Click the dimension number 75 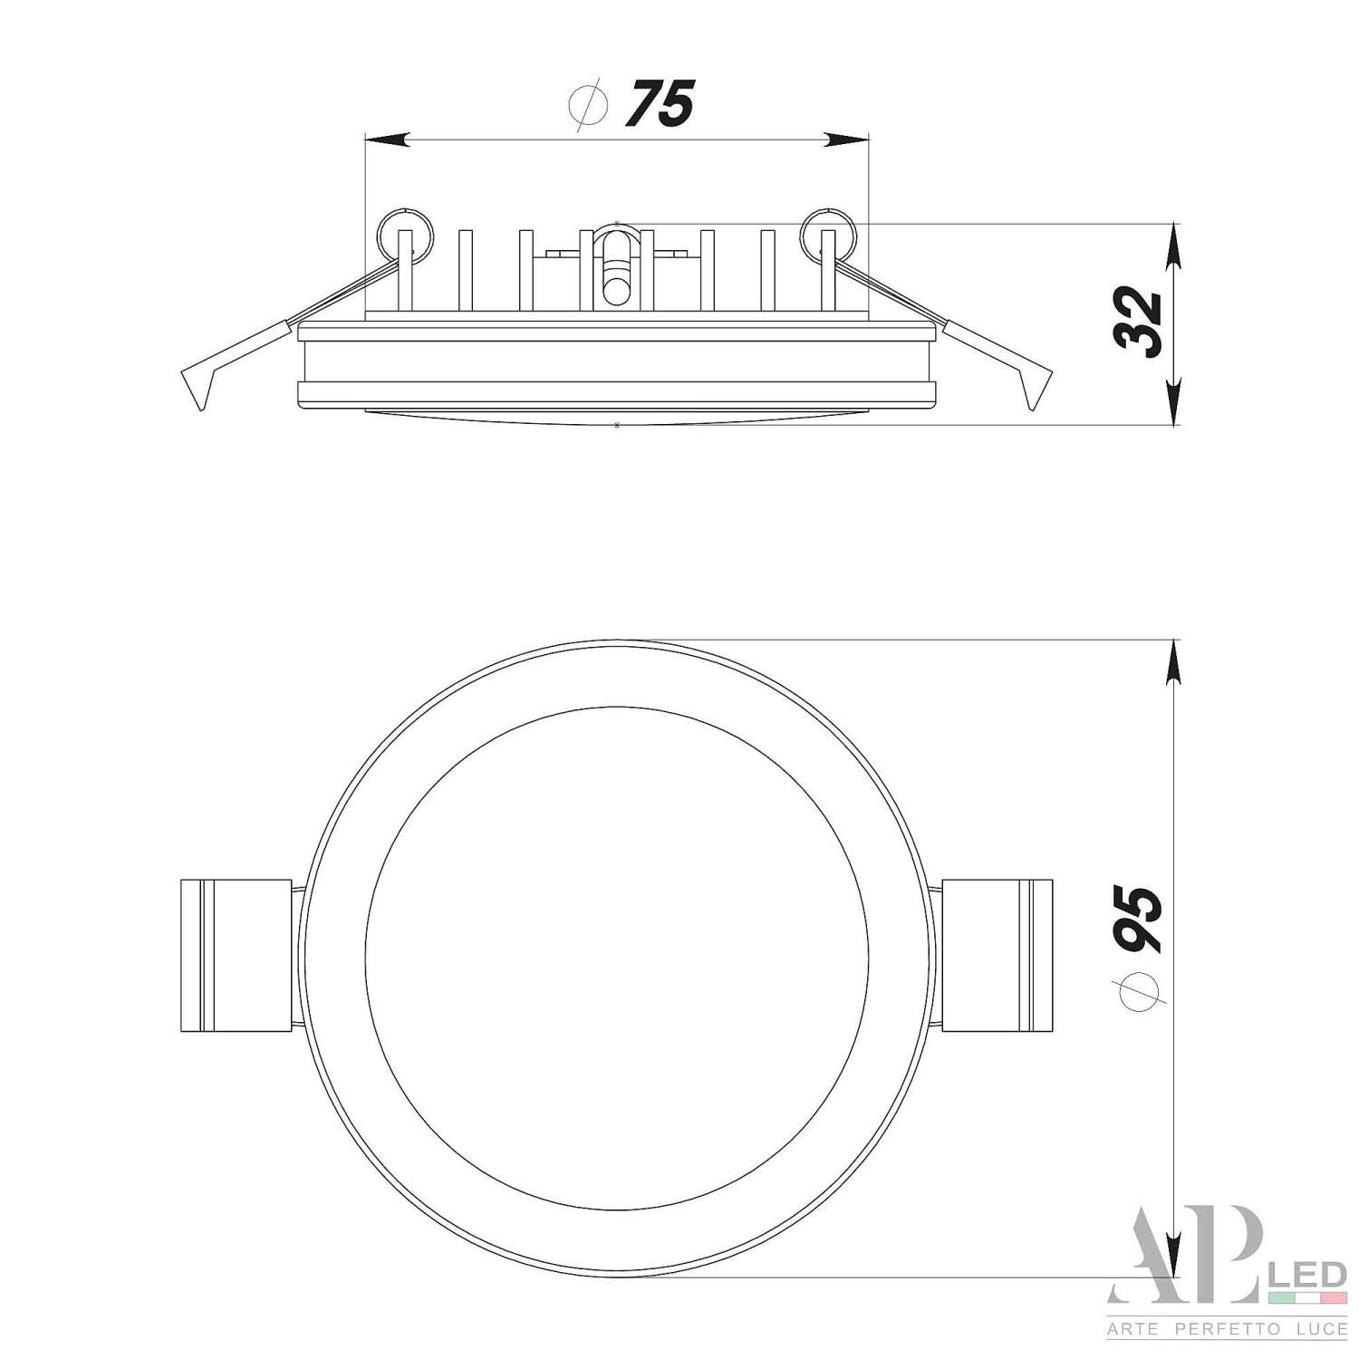click(660, 103)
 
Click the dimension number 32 click(1139, 323)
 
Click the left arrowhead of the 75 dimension click(385, 140)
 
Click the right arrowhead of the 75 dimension click(846, 140)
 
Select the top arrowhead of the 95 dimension click(1174, 661)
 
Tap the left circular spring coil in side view click(403, 232)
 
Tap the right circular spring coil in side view click(826, 232)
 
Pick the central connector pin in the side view click(615, 267)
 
